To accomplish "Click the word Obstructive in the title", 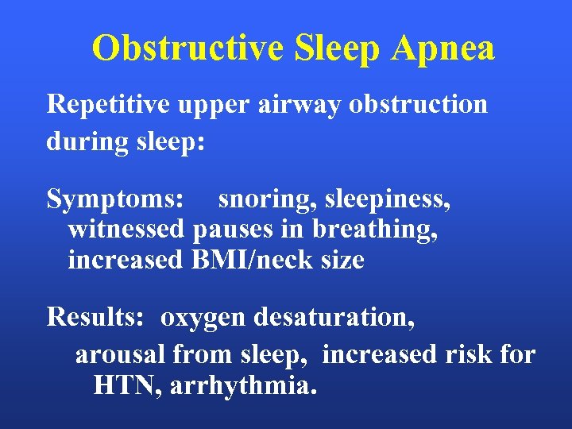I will click(187, 48).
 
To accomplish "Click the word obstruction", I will click(421, 105).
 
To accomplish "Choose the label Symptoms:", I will click(116, 199).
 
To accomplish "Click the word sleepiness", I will click(388, 199).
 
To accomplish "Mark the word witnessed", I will click(127, 230).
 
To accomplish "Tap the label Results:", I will click(95, 319).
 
